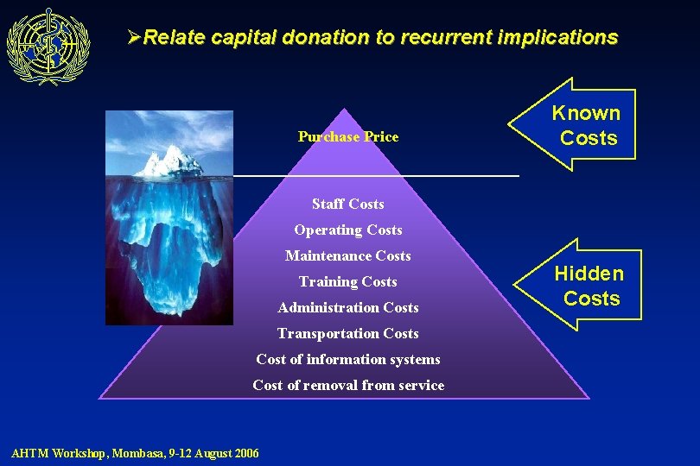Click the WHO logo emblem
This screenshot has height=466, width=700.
coord(48,46)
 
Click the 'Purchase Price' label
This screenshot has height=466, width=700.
coord(348,136)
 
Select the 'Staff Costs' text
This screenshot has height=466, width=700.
coord(348,204)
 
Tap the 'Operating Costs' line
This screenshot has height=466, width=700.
coord(348,230)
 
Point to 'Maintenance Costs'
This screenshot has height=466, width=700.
coord(348,255)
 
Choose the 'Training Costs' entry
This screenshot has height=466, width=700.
coord(348,281)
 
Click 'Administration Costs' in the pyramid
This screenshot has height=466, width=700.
coord(348,307)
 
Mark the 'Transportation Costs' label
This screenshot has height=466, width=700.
coord(348,333)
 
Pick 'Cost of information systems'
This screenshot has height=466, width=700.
coord(348,359)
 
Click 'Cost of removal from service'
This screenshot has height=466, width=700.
coord(348,385)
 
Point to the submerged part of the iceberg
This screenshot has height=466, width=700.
coord(169,250)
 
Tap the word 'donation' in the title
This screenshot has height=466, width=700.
coord(326,37)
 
